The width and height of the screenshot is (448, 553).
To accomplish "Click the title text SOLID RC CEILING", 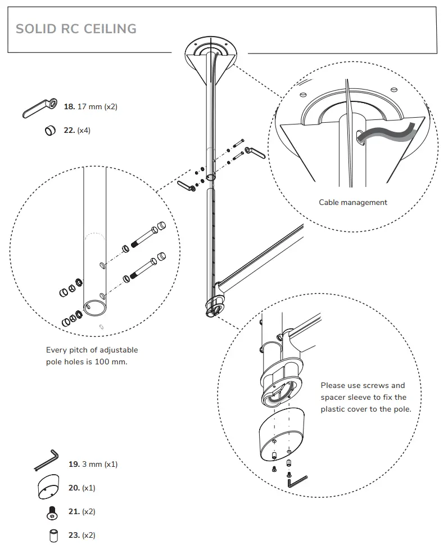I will point(76,29).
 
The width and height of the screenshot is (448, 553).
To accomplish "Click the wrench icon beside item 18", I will point(40,108).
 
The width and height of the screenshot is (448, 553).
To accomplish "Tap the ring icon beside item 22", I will point(49,131).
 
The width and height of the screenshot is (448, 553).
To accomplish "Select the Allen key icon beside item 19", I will point(46,461).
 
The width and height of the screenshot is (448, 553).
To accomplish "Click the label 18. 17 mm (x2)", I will point(90,106).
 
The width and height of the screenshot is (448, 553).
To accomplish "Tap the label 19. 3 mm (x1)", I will point(93,465).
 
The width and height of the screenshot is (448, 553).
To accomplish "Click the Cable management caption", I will point(353,202).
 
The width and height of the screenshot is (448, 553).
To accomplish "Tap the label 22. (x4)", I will point(77,130).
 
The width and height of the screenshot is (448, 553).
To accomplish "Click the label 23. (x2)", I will point(82,536).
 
